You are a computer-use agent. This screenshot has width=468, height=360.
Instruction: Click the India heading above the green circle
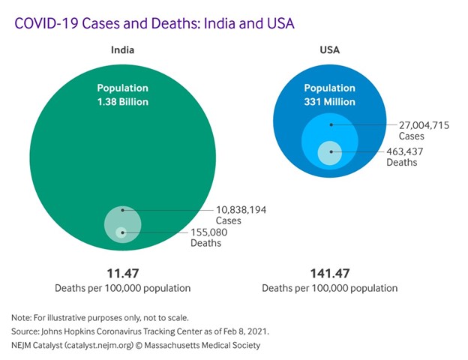tap(123, 51)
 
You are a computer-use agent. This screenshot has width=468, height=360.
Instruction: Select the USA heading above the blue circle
tap(330, 51)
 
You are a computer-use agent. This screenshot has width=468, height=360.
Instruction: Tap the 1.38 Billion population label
tap(122, 101)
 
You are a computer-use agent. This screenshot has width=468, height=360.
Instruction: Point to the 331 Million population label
tap(329, 101)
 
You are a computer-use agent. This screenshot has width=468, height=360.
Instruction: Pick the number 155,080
tap(208, 232)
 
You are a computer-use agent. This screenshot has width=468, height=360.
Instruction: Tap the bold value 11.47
tap(122, 273)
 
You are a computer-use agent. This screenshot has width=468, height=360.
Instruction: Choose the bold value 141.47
tap(330, 273)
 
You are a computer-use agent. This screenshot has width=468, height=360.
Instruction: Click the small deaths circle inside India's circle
tap(121, 232)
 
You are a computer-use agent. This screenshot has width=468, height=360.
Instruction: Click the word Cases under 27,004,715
tap(411, 136)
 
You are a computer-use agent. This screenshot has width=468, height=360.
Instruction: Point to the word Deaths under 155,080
tap(205, 243)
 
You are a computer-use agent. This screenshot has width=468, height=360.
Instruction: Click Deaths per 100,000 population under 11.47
tap(122, 288)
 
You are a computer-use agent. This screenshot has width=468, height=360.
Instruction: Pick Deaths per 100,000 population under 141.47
tap(330, 288)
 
